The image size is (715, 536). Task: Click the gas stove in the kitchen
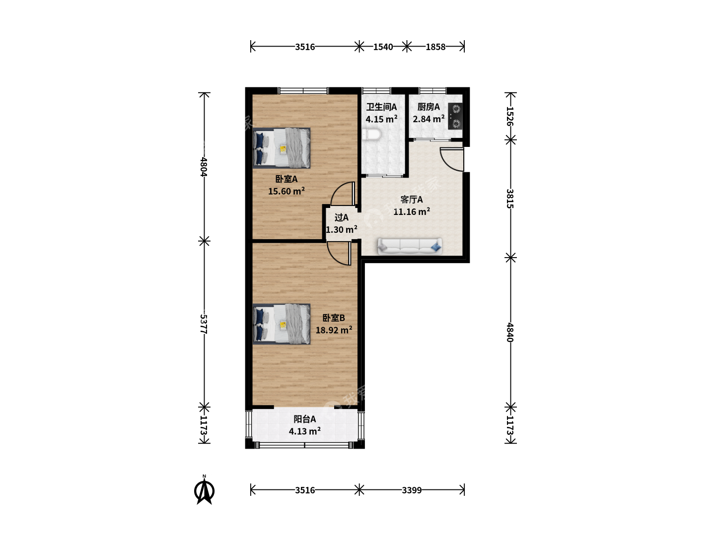coord(455,116)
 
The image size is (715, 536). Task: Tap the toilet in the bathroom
coord(371,134)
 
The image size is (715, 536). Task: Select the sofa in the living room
coord(410,246)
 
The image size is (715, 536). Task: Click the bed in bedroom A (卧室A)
coord(282,148)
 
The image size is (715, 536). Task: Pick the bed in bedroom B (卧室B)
coord(282,324)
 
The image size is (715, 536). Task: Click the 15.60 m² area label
coord(286,191)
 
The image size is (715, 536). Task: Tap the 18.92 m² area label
coord(334,330)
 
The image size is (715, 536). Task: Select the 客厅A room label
coord(412,199)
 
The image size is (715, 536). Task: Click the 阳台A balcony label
coord(304,419)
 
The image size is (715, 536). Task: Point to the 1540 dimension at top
coord(383,47)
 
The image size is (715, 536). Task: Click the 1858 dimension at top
coord(435,47)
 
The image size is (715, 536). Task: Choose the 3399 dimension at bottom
coord(412,490)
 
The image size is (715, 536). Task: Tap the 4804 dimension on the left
coord(204,167)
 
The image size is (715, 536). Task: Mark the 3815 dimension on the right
coord(510,199)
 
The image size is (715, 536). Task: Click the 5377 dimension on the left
coord(204,324)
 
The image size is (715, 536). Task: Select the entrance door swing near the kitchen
coord(451,159)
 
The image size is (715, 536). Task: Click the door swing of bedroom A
coord(343,194)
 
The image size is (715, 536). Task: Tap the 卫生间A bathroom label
coord(381,107)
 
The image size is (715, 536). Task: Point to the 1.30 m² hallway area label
coord(342,230)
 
